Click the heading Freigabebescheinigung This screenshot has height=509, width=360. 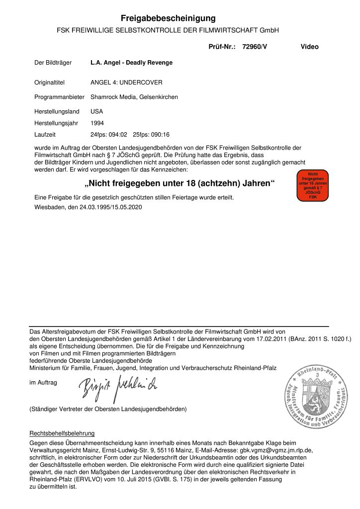(x=168, y=18)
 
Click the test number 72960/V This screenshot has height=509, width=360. (x=255, y=47)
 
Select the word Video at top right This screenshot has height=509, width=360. (x=309, y=47)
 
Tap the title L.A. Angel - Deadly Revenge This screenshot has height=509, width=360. (x=131, y=63)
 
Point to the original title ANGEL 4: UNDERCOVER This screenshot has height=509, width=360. (x=126, y=82)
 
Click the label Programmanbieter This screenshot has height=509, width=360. (x=59, y=97)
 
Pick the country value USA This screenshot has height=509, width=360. (x=96, y=111)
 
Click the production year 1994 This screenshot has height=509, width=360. (x=97, y=123)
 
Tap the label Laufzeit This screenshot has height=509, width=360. (x=45, y=134)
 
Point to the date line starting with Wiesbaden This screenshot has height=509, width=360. (x=88, y=207)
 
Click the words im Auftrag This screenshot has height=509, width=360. (x=44, y=382)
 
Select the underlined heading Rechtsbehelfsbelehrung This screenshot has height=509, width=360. (x=62, y=433)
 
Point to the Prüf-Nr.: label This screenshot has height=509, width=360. (x=222, y=47)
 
